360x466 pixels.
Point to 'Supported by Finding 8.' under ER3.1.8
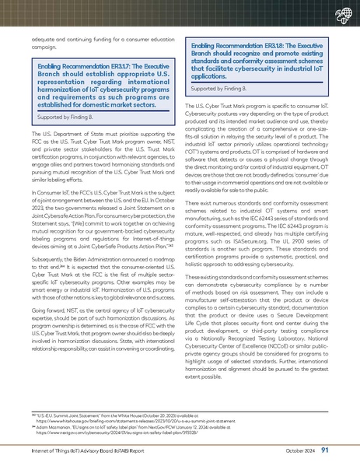[x=218, y=89]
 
